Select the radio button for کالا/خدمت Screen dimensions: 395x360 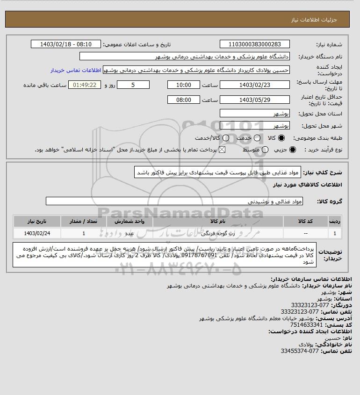226,138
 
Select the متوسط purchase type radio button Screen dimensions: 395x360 265,150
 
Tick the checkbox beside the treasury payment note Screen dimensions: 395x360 222,150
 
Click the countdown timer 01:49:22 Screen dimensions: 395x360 85,85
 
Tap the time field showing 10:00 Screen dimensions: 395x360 183,85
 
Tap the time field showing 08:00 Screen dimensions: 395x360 183,100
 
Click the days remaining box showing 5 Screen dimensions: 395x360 133,85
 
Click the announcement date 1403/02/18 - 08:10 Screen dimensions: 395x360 65,44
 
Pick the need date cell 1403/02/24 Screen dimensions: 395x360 37,233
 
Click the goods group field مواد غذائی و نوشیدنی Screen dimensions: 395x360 174,201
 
